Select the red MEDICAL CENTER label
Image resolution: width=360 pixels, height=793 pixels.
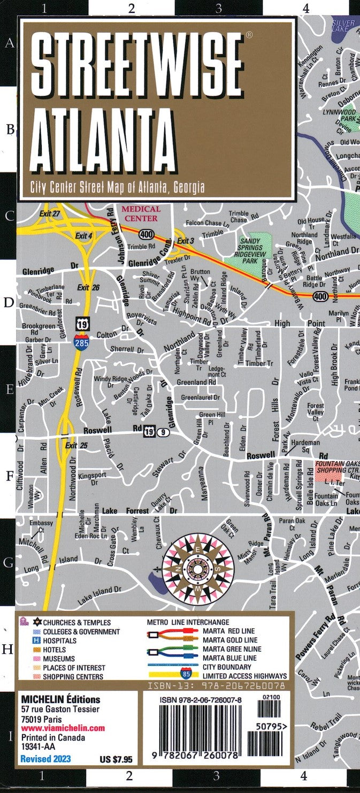click(x=141, y=213)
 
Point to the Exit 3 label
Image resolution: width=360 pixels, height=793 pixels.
click(x=186, y=241)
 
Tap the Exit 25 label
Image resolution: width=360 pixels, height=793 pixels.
click(x=76, y=445)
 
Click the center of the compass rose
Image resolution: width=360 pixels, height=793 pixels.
click(x=198, y=563)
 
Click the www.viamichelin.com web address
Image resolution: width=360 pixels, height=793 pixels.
click(x=63, y=728)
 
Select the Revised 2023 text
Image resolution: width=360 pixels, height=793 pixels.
click(x=45, y=759)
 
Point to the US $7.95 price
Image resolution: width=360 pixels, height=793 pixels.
click(x=116, y=759)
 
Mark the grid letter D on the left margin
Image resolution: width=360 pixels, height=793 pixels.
click(x=9, y=303)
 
